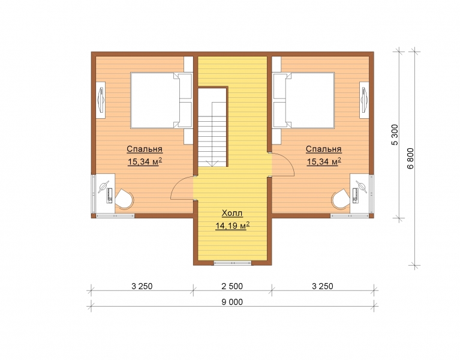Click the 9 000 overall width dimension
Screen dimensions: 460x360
tap(232, 302)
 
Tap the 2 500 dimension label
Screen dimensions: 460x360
tap(232, 286)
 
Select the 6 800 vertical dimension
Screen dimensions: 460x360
tap(410, 158)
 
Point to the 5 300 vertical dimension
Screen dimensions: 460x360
tap(395, 134)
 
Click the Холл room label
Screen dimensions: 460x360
tap(232, 213)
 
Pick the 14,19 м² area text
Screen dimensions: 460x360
tap(232, 226)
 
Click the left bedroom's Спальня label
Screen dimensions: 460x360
tap(145, 149)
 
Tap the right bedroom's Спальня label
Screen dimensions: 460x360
tap(324, 149)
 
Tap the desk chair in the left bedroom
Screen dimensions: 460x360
tap(124, 199)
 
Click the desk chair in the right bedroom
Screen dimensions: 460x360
tap(341, 199)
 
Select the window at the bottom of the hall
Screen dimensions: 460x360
tap(232, 263)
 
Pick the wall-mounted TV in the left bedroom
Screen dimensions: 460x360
tap(101, 100)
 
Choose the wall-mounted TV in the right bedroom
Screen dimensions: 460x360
tap(364, 100)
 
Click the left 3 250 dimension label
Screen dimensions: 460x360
tap(142, 286)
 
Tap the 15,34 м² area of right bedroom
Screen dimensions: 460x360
tap(324, 161)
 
